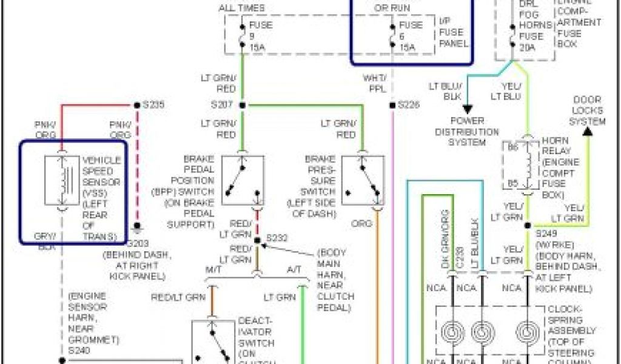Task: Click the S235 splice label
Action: [x=153, y=104]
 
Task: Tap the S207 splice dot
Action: [x=242, y=106]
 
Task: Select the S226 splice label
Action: [x=409, y=105]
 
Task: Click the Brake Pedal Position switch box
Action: [x=243, y=180]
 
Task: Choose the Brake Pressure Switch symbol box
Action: [x=363, y=180]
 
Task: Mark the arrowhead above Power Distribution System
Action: [x=467, y=109]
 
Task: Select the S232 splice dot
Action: [x=257, y=240]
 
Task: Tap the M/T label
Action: [x=213, y=269]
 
